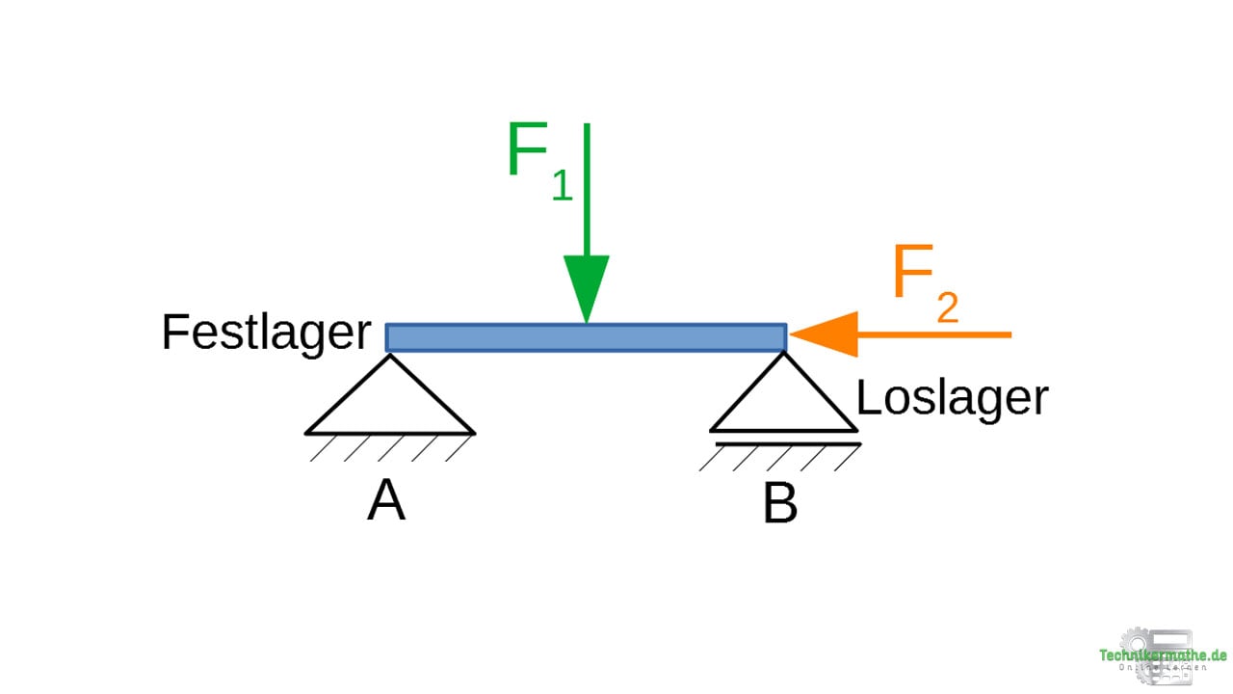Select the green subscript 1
pyautogui.click(x=562, y=186)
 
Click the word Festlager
pyautogui.click(x=266, y=334)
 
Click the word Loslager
pyautogui.click(x=952, y=397)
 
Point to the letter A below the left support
pyautogui.click(x=385, y=501)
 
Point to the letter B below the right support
pyautogui.click(x=779, y=503)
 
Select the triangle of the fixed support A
pyautogui.click(x=390, y=405)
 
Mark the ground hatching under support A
pyautogui.click(x=390, y=447)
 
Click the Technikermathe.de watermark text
pyautogui.click(x=1163, y=656)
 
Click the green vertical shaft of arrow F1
pyautogui.click(x=586, y=193)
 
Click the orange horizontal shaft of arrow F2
pyautogui.click(x=934, y=334)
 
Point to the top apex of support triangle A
pyautogui.click(x=390, y=357)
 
